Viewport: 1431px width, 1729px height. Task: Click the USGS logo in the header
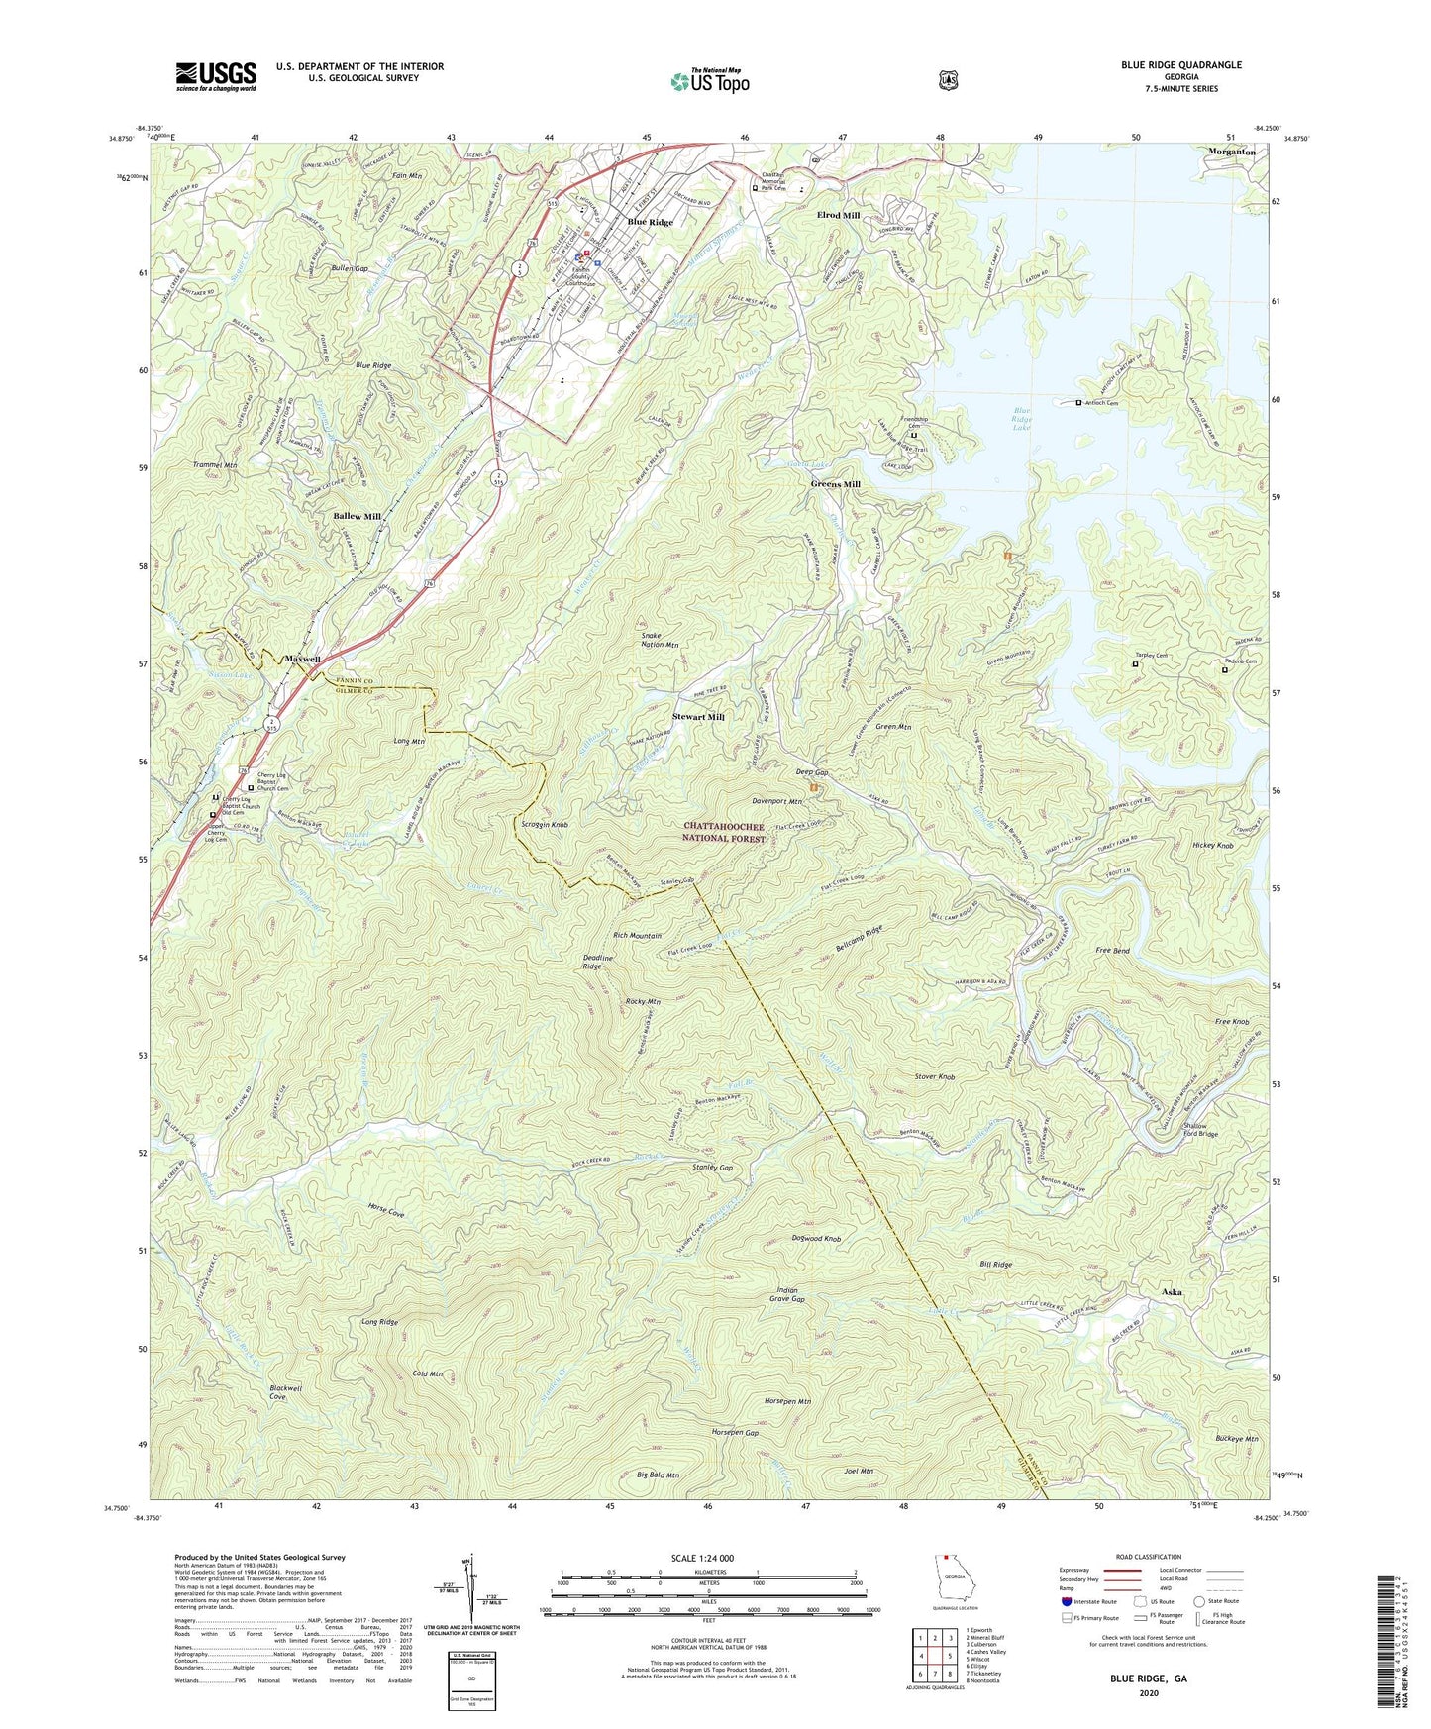[216, 75]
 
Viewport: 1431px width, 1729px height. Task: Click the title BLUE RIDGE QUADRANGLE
[1180, 65]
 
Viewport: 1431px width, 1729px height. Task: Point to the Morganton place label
[1231, 152]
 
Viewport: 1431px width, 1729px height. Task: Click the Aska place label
[1172, 1292]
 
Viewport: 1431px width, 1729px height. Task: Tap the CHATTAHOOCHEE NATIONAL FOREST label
[725, 832]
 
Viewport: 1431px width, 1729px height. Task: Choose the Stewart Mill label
[699, 716]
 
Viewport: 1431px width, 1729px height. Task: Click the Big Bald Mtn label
[658, 1475]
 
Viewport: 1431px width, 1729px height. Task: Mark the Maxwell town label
[302, 659]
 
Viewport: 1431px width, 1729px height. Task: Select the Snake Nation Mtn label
[660, 640]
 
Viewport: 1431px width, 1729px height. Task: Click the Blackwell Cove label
[277, 1392]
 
